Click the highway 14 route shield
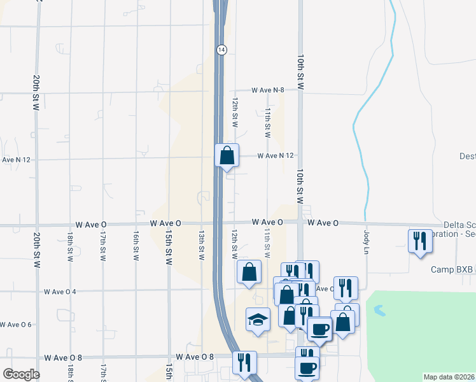click(x=220, y=49)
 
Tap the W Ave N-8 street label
click(x=274, y=90)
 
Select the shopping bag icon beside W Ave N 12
click(x=227, y=155)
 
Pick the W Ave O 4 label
click(x=60, y=292)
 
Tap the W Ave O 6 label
click(x=17, y=325)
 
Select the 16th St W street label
click(x=136, y=245)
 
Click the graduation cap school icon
click(x=258, y=319)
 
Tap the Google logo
click(x=21, y=374)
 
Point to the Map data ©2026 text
click(x=449, y=377)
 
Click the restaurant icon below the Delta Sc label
click(x=420, y=241)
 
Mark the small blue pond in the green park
click(x=379, y=311)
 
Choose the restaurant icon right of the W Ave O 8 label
click(x=244, y=363)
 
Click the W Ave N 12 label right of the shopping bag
click(x=276, y=156)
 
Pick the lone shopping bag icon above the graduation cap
click(x=249, y=271)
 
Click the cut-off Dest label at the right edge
click(x=467, y=156)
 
